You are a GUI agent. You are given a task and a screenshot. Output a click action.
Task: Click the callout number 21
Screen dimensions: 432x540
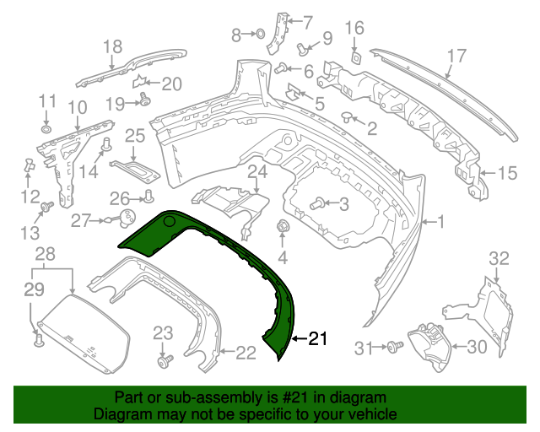point(317,340)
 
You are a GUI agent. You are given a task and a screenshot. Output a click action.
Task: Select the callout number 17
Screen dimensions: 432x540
point(456,57)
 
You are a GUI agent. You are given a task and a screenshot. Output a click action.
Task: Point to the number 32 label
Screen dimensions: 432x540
point(499,258)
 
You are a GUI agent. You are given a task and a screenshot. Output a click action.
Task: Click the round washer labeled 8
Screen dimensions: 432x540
point(260,34)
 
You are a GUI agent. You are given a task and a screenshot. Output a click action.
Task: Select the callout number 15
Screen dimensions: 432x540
point(506,174)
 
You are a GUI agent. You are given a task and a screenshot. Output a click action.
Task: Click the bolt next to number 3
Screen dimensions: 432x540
point(319,203)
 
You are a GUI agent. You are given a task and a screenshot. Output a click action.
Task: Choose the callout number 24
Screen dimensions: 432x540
point(256,172)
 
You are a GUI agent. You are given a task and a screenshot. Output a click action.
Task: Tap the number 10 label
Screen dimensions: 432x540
point(77,107)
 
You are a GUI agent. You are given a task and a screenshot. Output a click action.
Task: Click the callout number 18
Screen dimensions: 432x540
point(112,46)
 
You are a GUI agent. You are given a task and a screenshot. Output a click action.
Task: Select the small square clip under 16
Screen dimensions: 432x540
point(356,57)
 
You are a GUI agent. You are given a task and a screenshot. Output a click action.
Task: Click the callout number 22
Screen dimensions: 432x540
point(245,353)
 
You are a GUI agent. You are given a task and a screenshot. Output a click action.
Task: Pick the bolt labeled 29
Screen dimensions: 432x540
point(38,340)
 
